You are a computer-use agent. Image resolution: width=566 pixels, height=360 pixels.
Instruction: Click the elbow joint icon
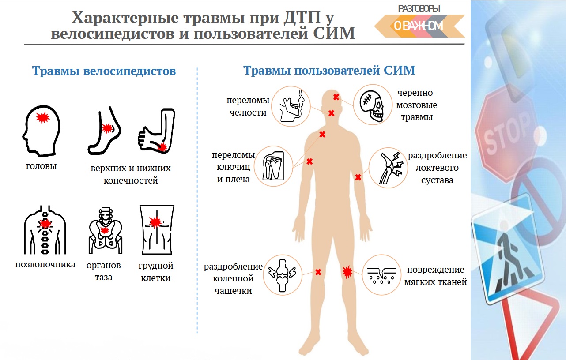point(386,168)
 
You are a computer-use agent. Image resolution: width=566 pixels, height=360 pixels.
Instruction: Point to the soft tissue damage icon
point(381,274)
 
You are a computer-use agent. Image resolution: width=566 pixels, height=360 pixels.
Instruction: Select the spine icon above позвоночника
point(45,229)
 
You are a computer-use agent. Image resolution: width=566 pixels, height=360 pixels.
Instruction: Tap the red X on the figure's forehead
point(336,97)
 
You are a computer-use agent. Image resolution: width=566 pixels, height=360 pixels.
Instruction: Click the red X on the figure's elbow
point(358,177)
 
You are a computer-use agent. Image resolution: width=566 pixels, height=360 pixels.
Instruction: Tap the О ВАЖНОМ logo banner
point(419,26)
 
